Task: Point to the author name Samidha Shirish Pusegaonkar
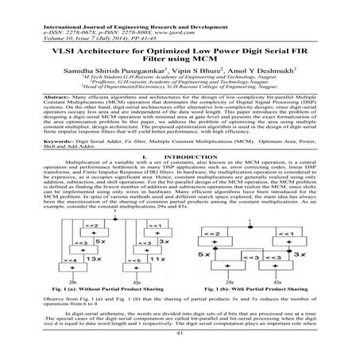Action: (x=121, y=70)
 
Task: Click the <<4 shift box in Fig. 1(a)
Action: (x=71, y=259)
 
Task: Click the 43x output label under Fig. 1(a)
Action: (x=137, y=281)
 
